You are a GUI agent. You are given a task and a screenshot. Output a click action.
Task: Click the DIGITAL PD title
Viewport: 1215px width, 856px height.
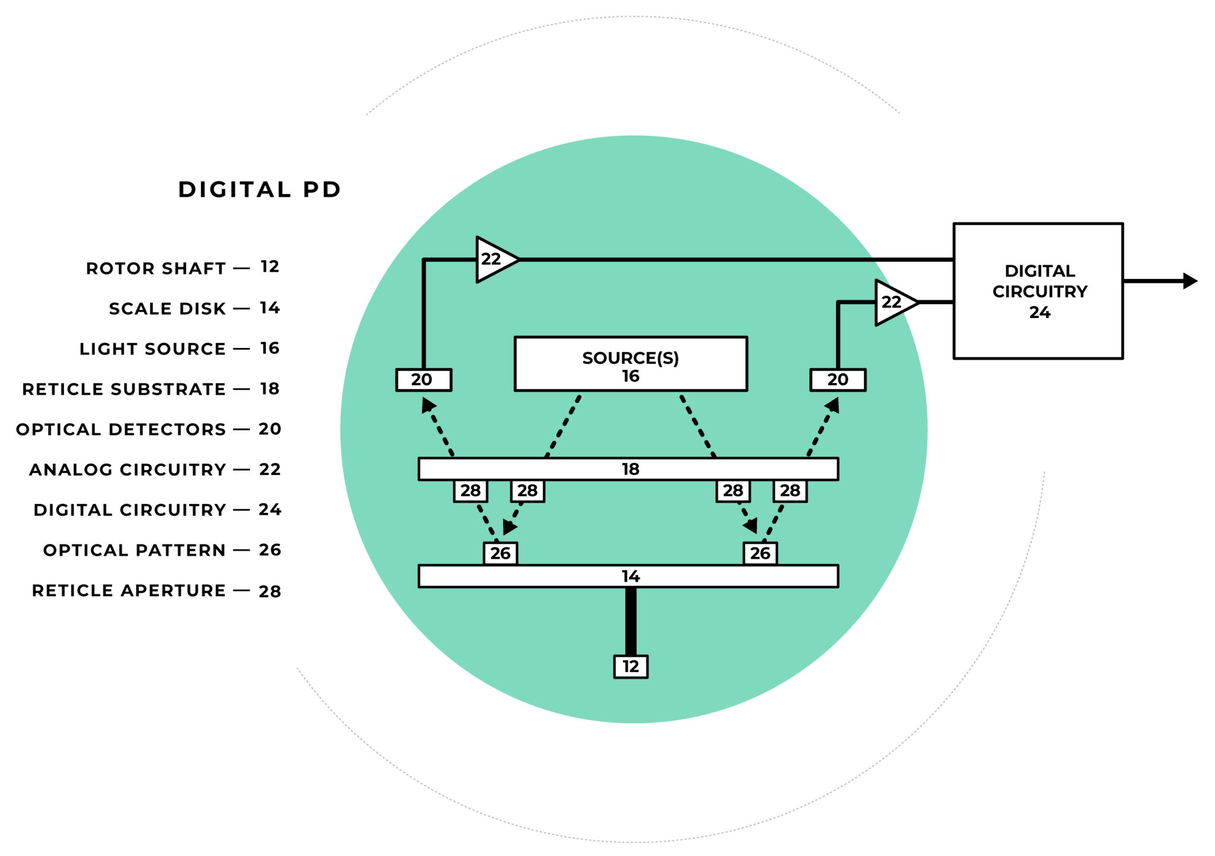[259, 189]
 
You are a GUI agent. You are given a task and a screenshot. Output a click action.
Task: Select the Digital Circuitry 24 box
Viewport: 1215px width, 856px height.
[1038, 291]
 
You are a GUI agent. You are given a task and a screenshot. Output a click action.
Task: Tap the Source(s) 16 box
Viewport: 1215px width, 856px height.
[630, 364]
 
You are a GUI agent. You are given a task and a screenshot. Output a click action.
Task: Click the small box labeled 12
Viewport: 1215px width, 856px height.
[630, 666]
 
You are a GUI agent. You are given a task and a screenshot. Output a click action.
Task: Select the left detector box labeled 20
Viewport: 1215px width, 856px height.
[423, 379]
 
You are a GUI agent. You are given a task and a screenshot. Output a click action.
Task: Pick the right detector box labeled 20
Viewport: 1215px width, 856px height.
[838, 379]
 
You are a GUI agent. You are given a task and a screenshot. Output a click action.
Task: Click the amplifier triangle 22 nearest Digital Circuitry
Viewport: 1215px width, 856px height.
[893, 302]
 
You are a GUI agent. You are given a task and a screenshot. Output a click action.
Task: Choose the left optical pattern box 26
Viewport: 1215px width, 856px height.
[500, 553]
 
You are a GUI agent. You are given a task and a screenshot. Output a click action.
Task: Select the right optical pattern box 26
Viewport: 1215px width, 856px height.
[760, 553]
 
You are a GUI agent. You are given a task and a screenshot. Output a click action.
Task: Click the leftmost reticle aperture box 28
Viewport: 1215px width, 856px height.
[470, 490]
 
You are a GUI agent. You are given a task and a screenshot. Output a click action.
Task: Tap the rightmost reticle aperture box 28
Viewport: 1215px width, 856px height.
[790, 490]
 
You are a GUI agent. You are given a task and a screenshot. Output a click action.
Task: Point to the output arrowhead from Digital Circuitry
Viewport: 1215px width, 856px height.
[1189, 281]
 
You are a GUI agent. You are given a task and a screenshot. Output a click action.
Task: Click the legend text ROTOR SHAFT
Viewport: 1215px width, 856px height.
[156, 268]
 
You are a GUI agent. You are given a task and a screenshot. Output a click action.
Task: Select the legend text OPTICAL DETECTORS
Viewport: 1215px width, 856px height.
[121, 429]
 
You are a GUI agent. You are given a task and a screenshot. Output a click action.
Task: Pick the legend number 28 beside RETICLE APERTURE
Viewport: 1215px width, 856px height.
[269, 591]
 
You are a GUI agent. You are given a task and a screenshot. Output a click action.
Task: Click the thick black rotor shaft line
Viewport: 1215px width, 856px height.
[631, 620]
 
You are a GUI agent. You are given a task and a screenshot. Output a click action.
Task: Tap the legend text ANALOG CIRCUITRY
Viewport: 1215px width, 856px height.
[128, 470]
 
